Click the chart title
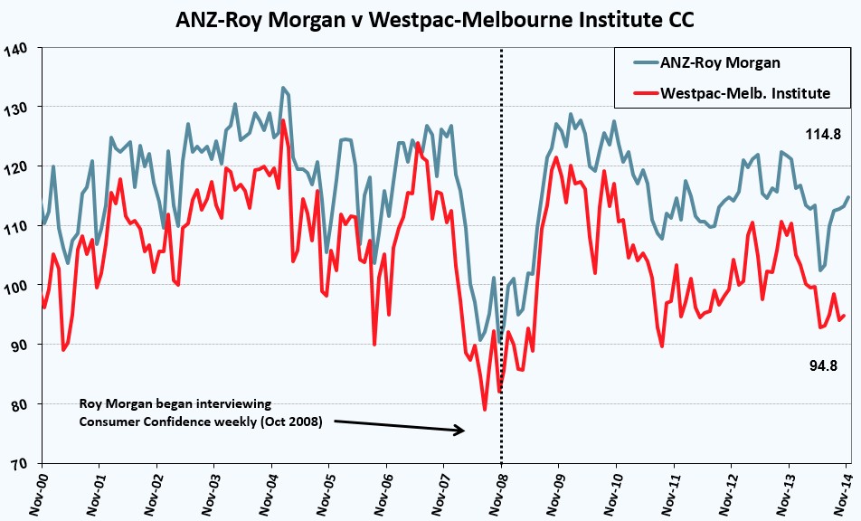(434, 20)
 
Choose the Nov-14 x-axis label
(841, 491)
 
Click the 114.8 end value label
(823, 134)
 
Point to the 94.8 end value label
(823, 365)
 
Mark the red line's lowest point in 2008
(485, 410)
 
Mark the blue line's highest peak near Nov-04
(283, 88)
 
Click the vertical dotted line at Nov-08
(501, 256)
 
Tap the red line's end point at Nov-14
(844, 316)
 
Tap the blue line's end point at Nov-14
(848, 197)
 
